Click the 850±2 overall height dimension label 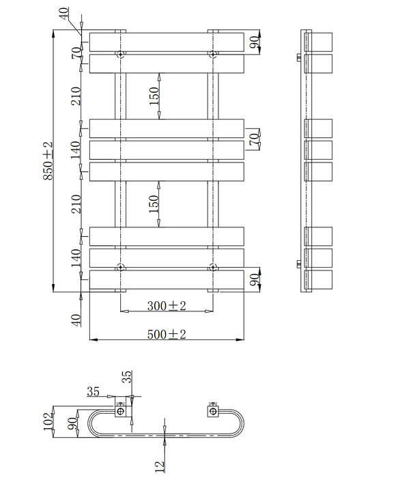pyautogui.click(x=48, y=160)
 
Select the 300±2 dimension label pyautogui.click(x=167, y=305)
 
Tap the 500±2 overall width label pyautogui.click(x=167, y=334)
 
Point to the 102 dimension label pyautogui.click(x=48, y=421)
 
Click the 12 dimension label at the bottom pyautogui.click(x=160, y=466)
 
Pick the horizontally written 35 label pyautogui.click(x=94, y=391)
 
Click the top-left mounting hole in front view pyautogui.click(x=121, y=54)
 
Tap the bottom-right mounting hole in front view pyautogui.click(x=213, y=268)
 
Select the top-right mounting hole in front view pyautogui.click(x=213, y=54)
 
